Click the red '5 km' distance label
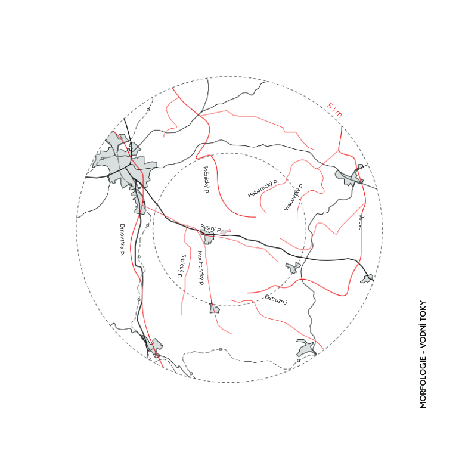pos(334,110)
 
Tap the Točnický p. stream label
pos(206,179)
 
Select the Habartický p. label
pos(263,188)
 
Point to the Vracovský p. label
pos(294,197)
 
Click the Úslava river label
pos(362,222)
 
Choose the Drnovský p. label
pos(122,240)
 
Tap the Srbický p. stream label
pos(182,266)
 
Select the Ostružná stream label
pos(276,300)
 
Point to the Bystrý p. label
pos(211,228)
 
